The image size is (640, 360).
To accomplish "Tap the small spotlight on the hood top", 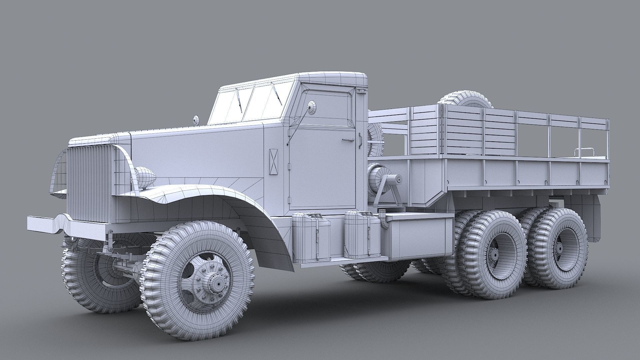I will (196, 120).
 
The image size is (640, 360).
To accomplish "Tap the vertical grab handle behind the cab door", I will (360, 140).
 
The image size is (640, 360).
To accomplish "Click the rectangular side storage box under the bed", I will (418, 237).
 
